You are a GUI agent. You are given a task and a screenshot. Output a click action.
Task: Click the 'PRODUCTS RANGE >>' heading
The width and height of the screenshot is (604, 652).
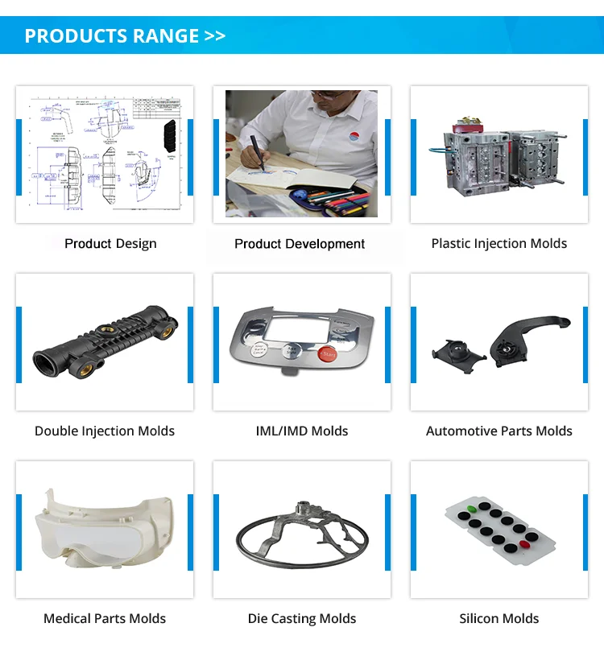click(x=125, y=36)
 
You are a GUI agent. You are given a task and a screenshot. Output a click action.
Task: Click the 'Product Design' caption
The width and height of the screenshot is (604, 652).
click(x=110, y=244)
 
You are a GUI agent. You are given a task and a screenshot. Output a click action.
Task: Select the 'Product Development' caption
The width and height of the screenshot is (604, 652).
click(x=300, y=244)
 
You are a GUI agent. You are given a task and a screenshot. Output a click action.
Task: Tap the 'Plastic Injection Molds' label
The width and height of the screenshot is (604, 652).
click(x=499, y=244)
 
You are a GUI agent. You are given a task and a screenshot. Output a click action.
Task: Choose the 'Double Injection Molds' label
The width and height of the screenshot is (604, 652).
click(x=105, y=431)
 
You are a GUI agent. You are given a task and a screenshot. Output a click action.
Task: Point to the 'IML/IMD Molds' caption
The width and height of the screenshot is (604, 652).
click(x=302, y=431)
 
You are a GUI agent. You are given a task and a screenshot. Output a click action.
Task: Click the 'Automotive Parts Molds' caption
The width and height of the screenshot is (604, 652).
click(x=499, y=431)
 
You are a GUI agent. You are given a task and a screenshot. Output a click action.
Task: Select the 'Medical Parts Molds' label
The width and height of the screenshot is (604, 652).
click(x=105, y=619)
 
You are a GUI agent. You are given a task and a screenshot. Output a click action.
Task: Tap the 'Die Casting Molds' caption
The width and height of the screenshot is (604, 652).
click(x=302, y=619)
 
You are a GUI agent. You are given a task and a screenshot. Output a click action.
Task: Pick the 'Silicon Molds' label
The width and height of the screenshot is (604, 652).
click(x=499, y=619)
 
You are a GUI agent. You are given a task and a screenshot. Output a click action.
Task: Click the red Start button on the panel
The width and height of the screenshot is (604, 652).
click(x=327, y=353)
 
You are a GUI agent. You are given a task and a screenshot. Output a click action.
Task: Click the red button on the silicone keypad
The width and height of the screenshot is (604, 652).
click(x=525, y=545)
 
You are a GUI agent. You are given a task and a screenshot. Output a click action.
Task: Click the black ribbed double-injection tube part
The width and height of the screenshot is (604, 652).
click(x=105, y=342)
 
